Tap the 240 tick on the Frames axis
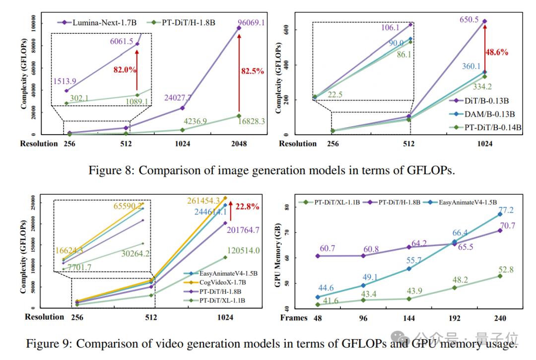point(499,318)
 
